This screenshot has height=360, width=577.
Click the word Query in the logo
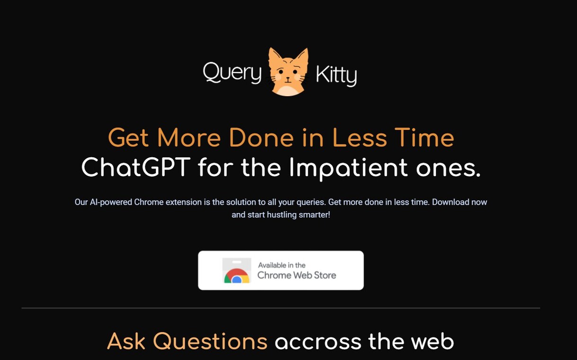232,73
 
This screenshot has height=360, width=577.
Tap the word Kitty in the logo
336,75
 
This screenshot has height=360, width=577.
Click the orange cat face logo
288,72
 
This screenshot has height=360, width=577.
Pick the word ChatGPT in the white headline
136,167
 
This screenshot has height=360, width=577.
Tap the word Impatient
348,167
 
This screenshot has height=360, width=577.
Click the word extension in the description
182,202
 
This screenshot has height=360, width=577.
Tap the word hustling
281,215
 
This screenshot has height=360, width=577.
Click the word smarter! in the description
313,215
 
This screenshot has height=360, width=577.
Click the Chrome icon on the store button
237,276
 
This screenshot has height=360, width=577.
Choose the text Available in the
282,265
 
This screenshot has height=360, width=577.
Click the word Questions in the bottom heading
210,342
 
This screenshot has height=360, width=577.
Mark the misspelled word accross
318,342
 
